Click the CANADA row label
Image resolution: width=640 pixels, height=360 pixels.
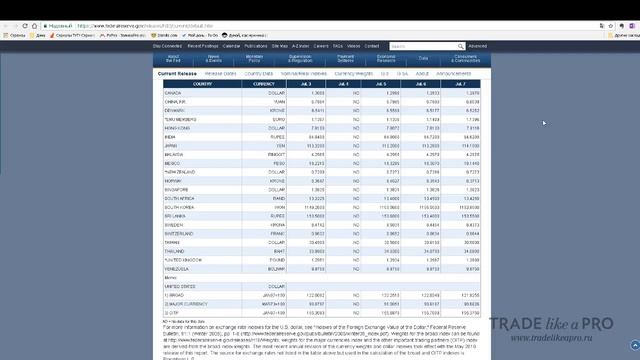pos(173,92)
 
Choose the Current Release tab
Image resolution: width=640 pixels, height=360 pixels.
pos(177,73)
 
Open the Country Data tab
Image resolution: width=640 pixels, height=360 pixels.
pos(258,73)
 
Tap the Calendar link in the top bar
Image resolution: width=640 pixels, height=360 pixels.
pos(231,46)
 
